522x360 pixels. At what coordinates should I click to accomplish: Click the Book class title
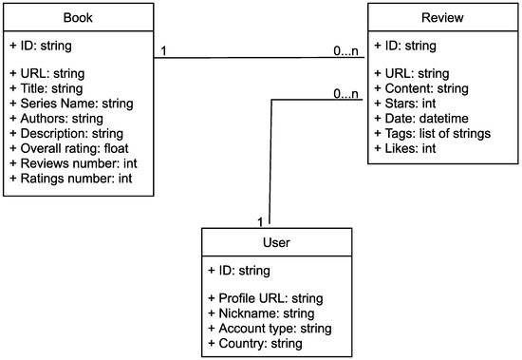pyautogui.click(x=78, y=18)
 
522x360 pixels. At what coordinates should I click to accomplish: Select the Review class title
pyautogui.click(x=442, y=18)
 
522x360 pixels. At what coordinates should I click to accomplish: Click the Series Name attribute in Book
pyautogui.click(x=69, y=104)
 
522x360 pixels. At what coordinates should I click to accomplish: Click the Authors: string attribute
pyautogui.click(x=55, y=118)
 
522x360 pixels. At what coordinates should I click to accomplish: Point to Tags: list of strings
pyautogui.click(x=432, y=134)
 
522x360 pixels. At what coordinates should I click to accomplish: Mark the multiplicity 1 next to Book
pyautogui.click(x=164, y=50)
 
